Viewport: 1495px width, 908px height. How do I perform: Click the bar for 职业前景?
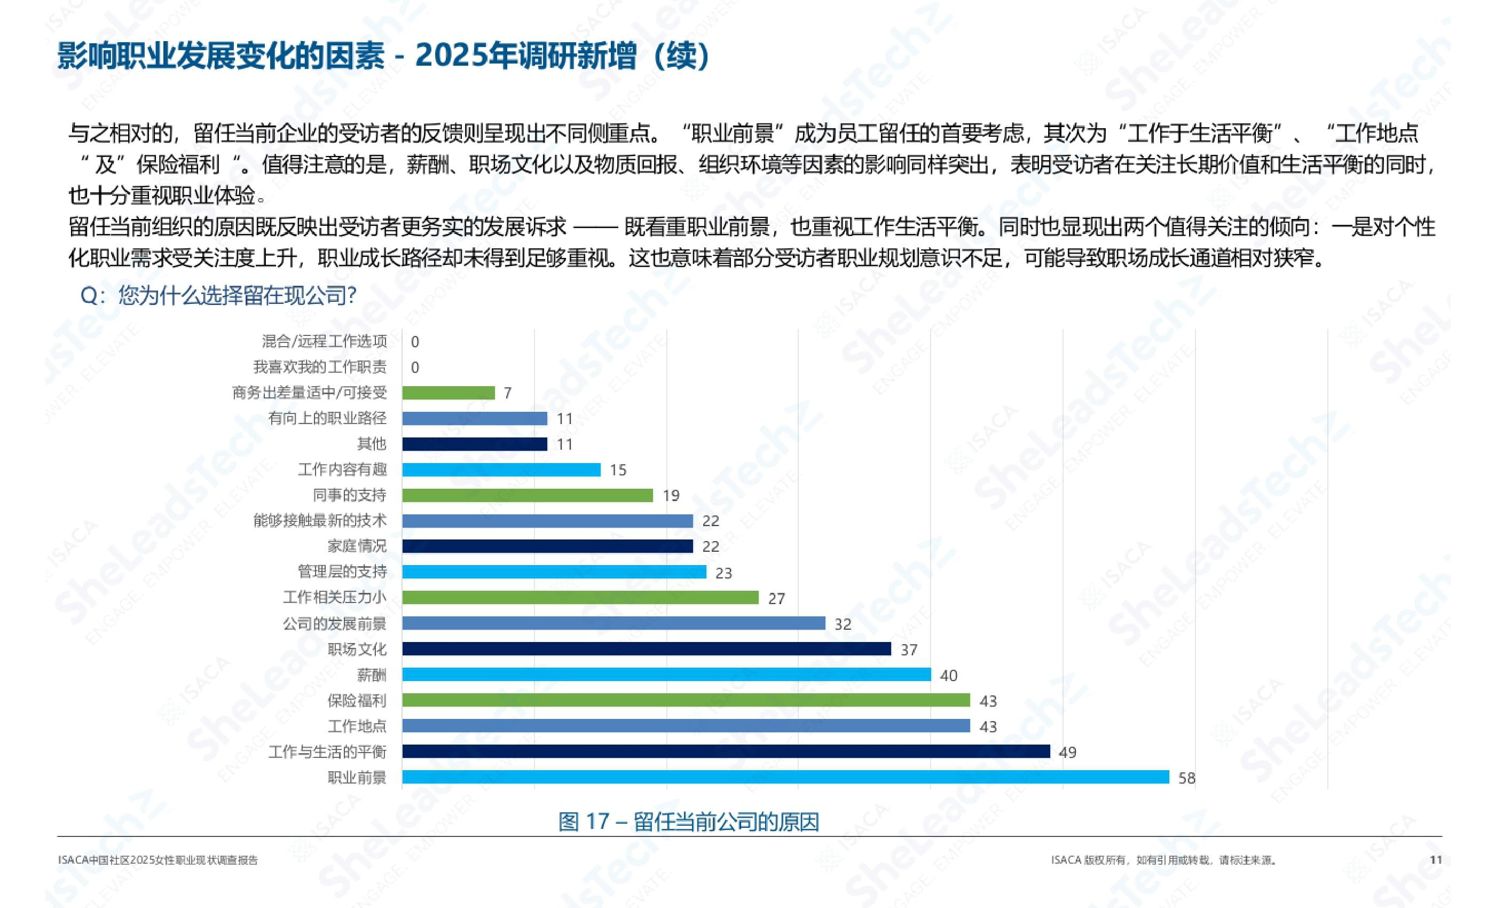785,777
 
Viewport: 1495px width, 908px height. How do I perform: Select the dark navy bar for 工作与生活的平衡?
726,752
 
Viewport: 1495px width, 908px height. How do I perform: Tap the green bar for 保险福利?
686,700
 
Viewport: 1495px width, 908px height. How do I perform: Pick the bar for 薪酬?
666,674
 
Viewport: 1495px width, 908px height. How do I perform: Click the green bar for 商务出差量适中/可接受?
448,393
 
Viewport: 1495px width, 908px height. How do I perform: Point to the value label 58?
1186,778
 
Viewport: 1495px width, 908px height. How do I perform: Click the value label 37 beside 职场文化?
908,650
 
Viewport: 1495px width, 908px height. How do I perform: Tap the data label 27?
776,598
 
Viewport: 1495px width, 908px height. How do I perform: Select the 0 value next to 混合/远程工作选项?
415,342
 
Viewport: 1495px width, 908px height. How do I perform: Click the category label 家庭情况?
357,546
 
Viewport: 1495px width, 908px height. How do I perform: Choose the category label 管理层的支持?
342,572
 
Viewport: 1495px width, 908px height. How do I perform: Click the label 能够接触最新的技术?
320,521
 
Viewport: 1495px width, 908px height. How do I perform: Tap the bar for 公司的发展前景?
613,623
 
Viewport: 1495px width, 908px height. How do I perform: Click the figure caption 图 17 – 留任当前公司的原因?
689,822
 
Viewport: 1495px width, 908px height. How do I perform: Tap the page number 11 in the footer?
1436,859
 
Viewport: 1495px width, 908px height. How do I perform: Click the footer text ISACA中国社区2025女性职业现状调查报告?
158,860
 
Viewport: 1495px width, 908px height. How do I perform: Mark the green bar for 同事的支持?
528,495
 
